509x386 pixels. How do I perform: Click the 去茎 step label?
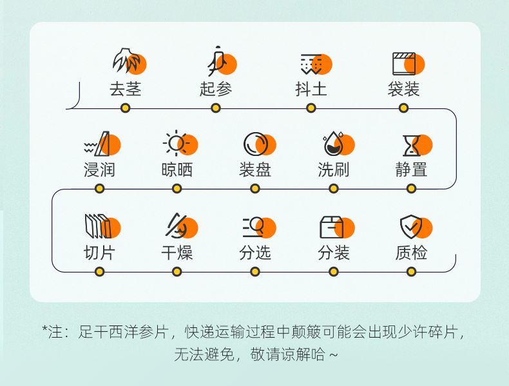[x=125, y=89]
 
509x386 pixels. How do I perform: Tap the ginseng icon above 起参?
[x=219, y=63]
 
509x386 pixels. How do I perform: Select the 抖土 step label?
[x=311, y=89]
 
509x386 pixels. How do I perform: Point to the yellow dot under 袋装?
[x=404, y=108]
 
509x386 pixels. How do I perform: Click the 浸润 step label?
[x=99, y=170]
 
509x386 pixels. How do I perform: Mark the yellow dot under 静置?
[x=412, y=189]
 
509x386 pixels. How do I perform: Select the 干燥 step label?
[x=177, y=253]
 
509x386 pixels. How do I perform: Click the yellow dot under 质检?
[x=412, y=271]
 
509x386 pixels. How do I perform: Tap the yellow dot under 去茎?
[x=126, y=108]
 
